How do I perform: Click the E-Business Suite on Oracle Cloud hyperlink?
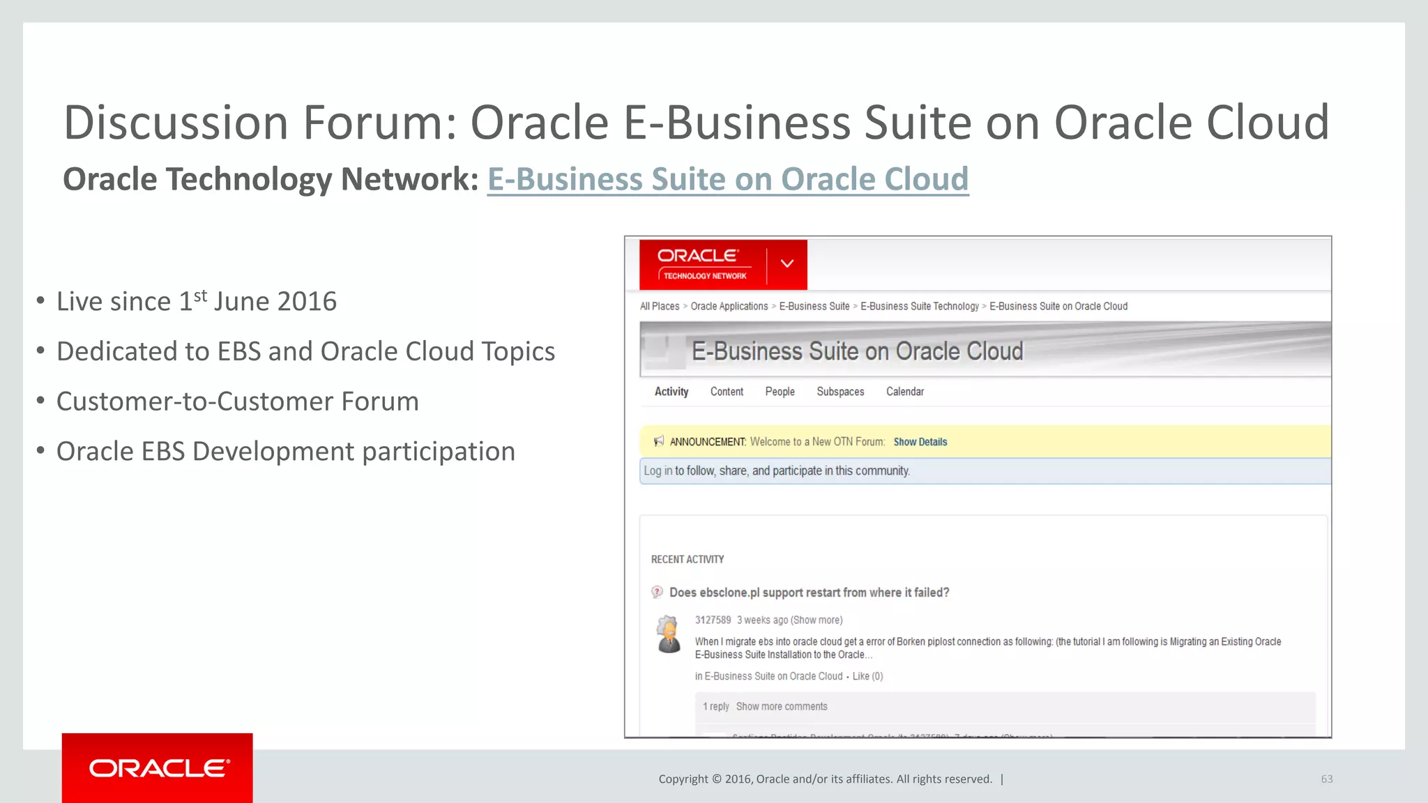(x=727, y=179)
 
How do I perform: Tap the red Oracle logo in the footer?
(x=158, y=767)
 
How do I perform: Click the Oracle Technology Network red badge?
(x=703, y=265)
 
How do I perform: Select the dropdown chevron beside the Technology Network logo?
(x=787, y=263)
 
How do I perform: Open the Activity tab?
(x=671, y=392)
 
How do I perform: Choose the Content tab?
(x=727, y=392)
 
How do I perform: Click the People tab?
(x=780, y=392)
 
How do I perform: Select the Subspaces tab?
(x=840, y=392)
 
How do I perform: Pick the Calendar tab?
(x=904, y=392)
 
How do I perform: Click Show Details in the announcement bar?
(x=920, y=442)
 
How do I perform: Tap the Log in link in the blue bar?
(x=658, y=471)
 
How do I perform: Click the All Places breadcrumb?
(x=659, y=306)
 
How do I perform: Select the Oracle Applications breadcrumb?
(x=729, y=306)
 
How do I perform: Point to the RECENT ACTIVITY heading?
(x=687, y=560)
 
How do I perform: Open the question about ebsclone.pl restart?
(x=809, y=592)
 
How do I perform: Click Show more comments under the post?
(x=782, y=707)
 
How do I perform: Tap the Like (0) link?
(x=867, y=676)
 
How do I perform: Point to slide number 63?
(x=1326, y=779)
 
